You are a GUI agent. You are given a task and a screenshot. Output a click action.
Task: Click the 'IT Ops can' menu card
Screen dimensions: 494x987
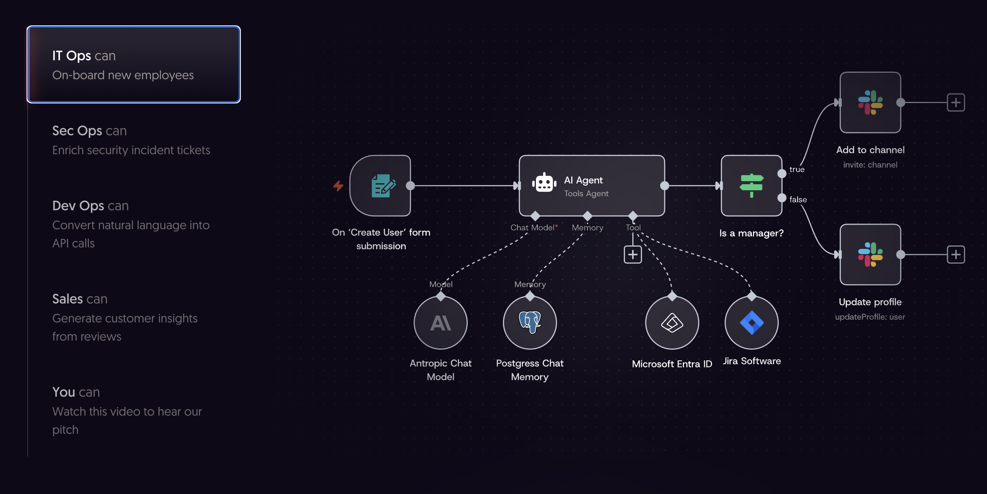pos(133,64)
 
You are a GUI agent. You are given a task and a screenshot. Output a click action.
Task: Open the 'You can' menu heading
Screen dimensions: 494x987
pos(76,392)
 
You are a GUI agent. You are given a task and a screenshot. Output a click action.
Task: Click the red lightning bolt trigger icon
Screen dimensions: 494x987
pos(338,186)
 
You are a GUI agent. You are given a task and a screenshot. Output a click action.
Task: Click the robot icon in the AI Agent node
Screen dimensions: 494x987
pos(544,183)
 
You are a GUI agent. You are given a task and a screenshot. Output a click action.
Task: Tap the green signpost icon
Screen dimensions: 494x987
pos(751,186)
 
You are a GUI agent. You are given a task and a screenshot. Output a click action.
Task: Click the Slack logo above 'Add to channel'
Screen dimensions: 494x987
pos(870,102)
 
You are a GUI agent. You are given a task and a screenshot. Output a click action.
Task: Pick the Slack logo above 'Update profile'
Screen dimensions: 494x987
pos(870,255)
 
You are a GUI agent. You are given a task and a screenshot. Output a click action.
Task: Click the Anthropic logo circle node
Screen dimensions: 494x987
pos(440,323)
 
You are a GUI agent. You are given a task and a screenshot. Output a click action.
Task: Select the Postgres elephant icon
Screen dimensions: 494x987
pos(529,322)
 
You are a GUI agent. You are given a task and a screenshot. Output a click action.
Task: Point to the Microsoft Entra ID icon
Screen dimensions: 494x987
pos(672,323)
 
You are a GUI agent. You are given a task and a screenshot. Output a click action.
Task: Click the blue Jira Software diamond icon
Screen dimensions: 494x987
pos(751,323)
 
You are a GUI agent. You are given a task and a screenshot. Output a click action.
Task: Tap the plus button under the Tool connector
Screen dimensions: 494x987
pos(632,255)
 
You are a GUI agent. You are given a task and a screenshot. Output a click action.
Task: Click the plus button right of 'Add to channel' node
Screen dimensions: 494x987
pos(956,102)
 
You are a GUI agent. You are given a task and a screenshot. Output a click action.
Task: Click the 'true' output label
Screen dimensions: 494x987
pos(796,169)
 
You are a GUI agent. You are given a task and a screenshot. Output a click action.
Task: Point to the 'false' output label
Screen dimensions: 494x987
pos(798,199)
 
